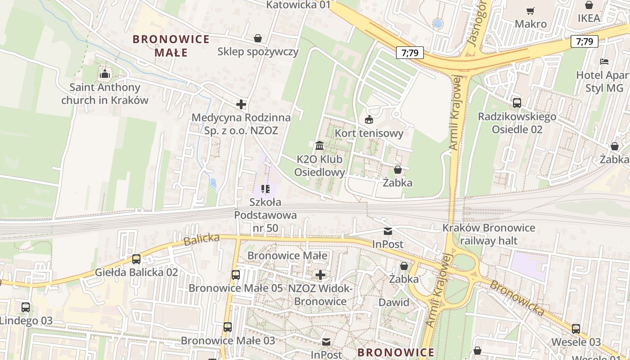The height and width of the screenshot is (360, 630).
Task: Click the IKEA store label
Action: (589, 18)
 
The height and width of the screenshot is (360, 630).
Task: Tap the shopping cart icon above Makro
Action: (531, 11)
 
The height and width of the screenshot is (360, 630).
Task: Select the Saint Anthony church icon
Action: (105, 74)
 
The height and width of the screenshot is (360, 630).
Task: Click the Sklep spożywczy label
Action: (258, 51)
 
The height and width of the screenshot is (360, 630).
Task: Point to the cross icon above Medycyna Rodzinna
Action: (241, 104)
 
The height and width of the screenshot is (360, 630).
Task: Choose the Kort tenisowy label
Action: (369, 133)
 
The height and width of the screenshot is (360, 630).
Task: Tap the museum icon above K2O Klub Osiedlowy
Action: (319, 145)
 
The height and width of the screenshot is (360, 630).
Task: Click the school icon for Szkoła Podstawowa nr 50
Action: (265, 189)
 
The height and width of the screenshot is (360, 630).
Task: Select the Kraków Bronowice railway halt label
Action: (489, 234)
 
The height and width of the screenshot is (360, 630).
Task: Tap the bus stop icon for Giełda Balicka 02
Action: (136, 259)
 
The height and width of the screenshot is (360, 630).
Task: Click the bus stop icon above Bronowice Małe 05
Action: (235, 274)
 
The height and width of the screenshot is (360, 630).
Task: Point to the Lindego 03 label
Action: (26, 321)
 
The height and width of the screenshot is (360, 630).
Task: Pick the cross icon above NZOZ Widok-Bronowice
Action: (320, 274)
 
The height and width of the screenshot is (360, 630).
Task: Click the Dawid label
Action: (394, 302)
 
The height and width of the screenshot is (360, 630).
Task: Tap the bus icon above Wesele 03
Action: (576, 328)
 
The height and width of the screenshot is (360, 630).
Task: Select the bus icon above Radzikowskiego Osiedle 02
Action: (517, 103)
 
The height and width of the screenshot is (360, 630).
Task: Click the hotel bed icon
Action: (604, 61)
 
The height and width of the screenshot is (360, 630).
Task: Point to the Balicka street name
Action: (201, 239)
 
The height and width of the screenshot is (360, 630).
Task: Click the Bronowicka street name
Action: (517, 297)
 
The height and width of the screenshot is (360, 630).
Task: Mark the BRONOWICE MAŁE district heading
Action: (171, 45)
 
